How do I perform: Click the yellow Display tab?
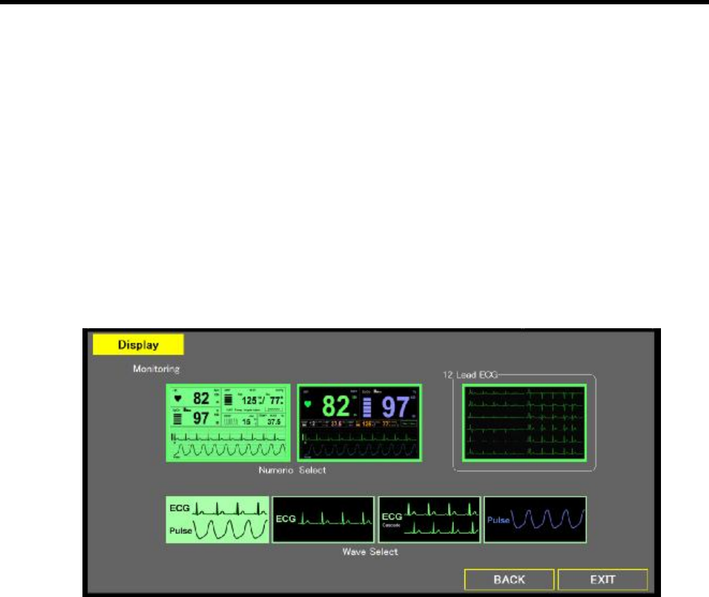click(x=138, y=345)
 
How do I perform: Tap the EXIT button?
click(x=602, y=579)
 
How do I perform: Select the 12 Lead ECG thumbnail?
click(x=524, y=423)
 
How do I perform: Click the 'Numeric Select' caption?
click(x=292, y=470)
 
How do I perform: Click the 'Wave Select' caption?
click(x=371, y=553)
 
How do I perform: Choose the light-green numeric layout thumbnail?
click(x=229, y=423)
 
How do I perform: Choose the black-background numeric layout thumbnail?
click(x=359, y=423)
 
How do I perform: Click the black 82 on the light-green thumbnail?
click(x=201, y=398)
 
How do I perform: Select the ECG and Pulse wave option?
click(x=218, y=520)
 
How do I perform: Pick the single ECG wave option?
click(x=323, y=520)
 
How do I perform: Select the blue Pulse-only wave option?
click(x=535, y=520)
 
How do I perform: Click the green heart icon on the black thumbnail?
click(x=309, y=404)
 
